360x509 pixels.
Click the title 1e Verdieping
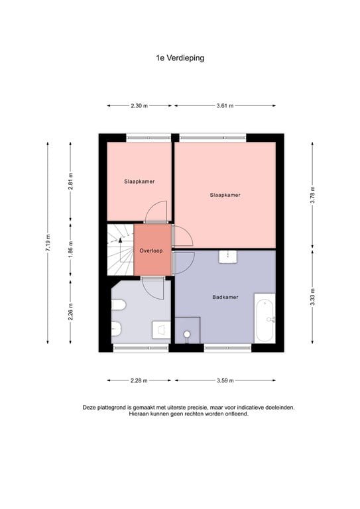click(x=180, y=58)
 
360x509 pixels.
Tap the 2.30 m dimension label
click(x=139, y=105)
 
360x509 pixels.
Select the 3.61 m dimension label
click(x=225, y=105)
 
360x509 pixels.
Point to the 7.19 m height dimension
click(x=48, y=243)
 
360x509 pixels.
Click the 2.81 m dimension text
click(x=71, y=182)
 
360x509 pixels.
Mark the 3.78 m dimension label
click(x=312, y=196)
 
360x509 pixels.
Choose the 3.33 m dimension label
click(x=312, y=296)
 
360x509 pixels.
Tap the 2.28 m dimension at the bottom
click(x=139, y=380)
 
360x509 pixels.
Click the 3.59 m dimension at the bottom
click(x=225, y=380)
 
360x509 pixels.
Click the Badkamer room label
click(x=224, y=297)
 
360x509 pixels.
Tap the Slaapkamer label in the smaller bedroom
click(x=139, y=181)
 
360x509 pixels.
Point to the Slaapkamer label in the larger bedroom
click(x=224, y=195)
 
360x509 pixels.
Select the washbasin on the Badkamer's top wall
click(x=229, y=256)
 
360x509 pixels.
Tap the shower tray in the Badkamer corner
click(x=188, y=331)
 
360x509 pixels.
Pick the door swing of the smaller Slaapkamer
click(x=155, y=212)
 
